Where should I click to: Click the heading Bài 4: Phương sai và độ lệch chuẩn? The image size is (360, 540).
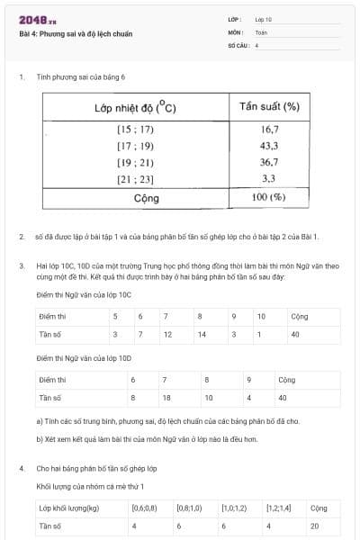(x=76, y=33)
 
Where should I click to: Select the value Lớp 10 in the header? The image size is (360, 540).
(x=264, y=19)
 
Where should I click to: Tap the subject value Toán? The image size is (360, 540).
(x=261, y=31)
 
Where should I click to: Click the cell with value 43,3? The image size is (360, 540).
(x=269, y=146)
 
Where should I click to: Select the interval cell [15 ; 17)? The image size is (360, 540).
(x=135, y=129)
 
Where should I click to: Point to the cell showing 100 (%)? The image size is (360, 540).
(x=269, y=196)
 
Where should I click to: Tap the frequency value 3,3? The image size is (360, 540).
(x=269, y=178)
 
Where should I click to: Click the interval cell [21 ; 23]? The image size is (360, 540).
(x=135, y=178)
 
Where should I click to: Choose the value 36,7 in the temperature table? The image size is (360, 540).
(x=269, y=162)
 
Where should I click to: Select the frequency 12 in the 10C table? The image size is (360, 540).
(x=167, y=334)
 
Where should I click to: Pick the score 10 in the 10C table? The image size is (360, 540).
(x=261, y=317)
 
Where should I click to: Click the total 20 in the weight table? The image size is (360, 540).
(x=314, y=526)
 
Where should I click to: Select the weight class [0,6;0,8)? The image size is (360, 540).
(x=143, y=508)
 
